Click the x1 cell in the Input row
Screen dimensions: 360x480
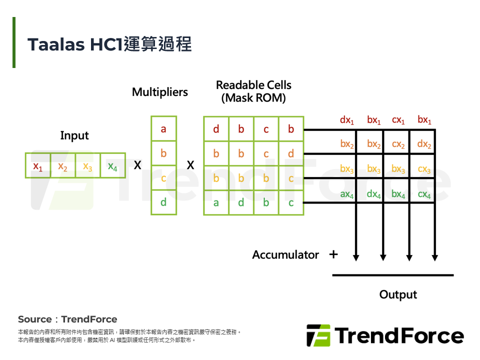point(38,166)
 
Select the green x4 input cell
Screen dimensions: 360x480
point(113,166)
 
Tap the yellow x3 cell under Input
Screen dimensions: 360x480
point(88,166)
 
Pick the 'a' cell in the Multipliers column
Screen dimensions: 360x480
point(163,129)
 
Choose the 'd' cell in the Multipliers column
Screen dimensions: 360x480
point(163,202)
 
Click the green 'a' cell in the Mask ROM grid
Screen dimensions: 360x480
point(216,202)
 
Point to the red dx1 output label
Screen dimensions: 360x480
point(347,120)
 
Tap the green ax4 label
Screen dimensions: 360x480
point(347,194)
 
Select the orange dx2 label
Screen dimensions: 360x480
point(424,144)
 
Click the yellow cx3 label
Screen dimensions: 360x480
point(424,169)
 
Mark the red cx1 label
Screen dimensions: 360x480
point(398,120)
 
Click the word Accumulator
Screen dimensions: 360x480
point(285,255)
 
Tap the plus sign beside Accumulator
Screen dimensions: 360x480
point(333,254)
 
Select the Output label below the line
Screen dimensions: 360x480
point(398,294)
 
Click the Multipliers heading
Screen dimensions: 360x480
point(160,92)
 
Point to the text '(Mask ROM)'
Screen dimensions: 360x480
point(253,98)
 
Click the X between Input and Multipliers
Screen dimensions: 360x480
point(137,165)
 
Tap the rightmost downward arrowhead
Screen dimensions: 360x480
point(435,257)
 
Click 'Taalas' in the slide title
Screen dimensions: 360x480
point(55,44)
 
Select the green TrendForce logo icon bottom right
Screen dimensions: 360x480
point(318,335)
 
